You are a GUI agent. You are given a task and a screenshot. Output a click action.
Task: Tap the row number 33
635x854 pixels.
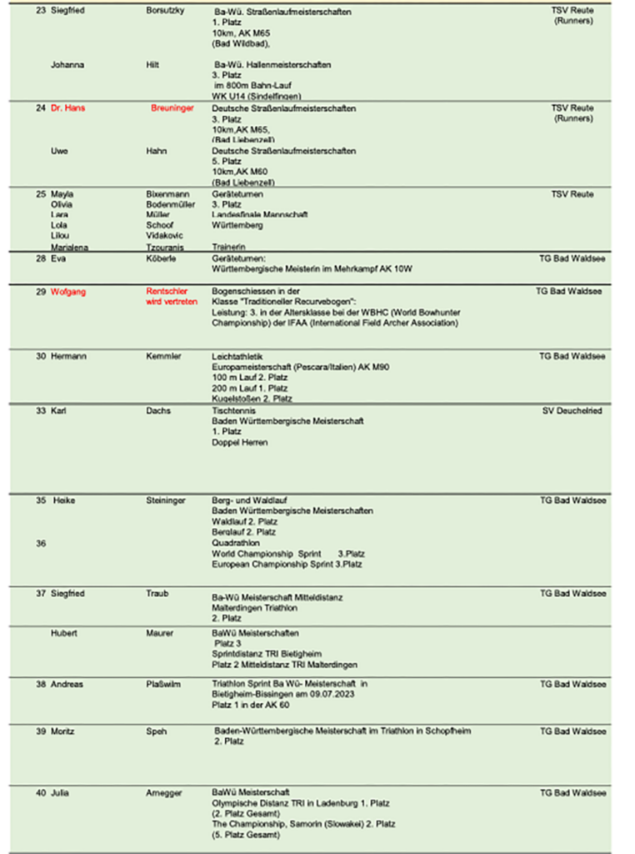pyautogui.click(x=40, y=411)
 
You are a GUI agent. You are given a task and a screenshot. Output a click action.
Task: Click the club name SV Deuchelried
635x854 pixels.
pyautogui.click(x=572, y=411)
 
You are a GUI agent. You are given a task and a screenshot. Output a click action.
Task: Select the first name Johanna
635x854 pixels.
pyautogui.click(x=67, y=64)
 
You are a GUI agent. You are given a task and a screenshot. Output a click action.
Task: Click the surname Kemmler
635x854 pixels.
pyautogui.click(x=163, y=356)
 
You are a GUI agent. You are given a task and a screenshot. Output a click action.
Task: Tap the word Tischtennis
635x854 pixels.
pyautogui.click(x=234, y=411)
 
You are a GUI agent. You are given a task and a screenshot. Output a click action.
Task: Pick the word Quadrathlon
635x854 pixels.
pyautogui.click(x=236, y=543)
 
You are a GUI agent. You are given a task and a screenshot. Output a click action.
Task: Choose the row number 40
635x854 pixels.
pyautogui.click(x=40, y=793)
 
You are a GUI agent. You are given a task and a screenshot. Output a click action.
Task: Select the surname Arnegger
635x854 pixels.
pyautogui.click(x=164, y=793)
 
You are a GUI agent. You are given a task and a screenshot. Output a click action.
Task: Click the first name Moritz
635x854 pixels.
pyautogui.click(x=63, y=731)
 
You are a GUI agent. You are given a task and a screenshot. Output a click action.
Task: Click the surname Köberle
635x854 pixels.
pyautogui.click(x=161, y=259)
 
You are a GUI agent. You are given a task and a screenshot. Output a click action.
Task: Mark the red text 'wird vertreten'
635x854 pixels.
pyautogui.click(x=172, y=302)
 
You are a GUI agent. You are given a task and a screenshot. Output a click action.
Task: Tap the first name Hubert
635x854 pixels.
pyautogui.click(x=64, y=634)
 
